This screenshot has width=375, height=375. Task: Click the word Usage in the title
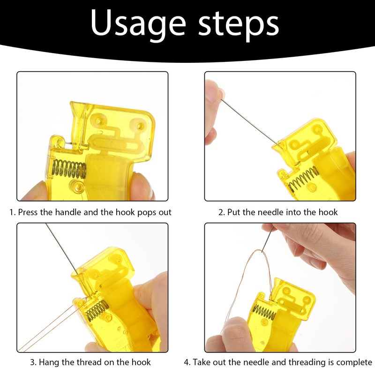click(138, 23)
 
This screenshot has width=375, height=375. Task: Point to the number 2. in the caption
click(222, 212)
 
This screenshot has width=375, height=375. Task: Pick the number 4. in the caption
click(187, 362)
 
